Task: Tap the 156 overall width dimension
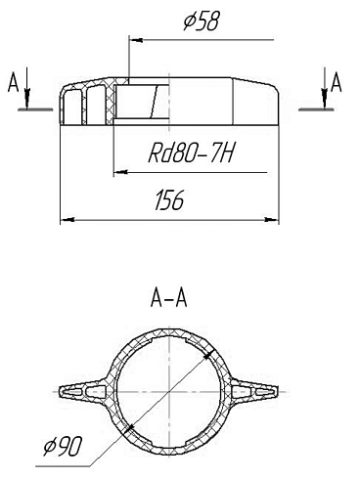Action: [170, 202]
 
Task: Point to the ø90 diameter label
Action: [62, 448]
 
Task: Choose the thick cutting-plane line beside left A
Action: [38, 109]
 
